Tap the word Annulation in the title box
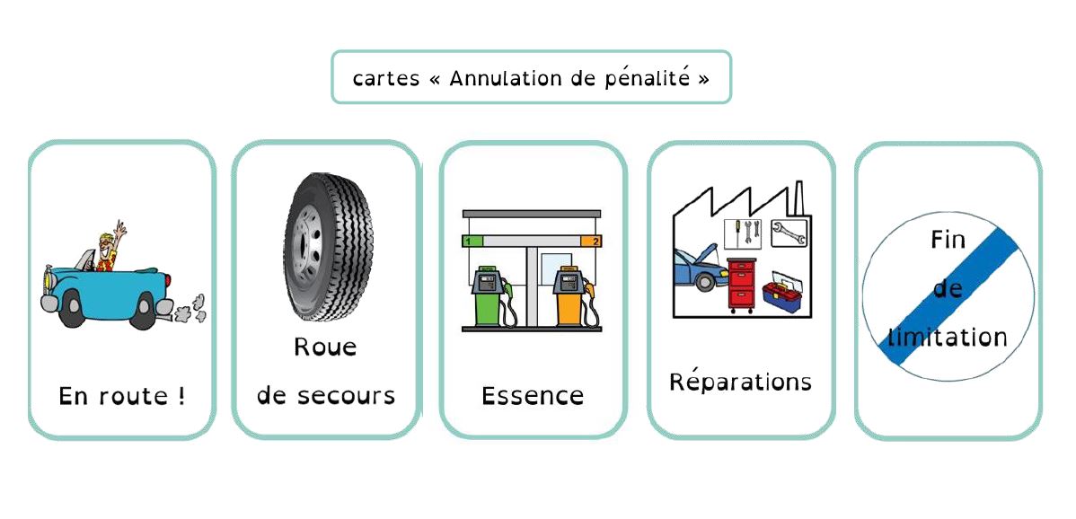[506, 78]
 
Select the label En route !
[122, 396]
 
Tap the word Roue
[325, 347]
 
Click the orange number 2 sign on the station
[591, 241]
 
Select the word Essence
[533, 396]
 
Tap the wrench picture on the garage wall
[789, 233]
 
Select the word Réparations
[740, 382]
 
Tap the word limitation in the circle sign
[948, 338]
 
